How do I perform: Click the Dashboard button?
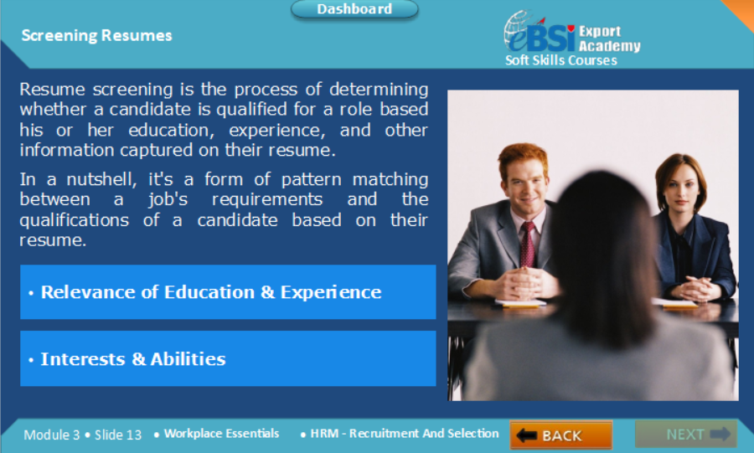[354, 9]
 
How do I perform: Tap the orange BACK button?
[560, 435]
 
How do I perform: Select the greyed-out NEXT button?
[685, 435]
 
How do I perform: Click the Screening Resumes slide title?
[96, 35]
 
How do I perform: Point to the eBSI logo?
[539, 33]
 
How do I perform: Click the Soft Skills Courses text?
[561, 60]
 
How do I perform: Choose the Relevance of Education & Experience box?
[228, 292]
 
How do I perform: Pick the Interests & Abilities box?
[228, 358]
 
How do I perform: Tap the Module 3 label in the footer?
[51, 435]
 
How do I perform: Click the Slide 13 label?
[118, 435]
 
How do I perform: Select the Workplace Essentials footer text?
[221, 433]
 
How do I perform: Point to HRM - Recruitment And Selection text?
[405, 433]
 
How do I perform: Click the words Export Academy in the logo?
[610, 39]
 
